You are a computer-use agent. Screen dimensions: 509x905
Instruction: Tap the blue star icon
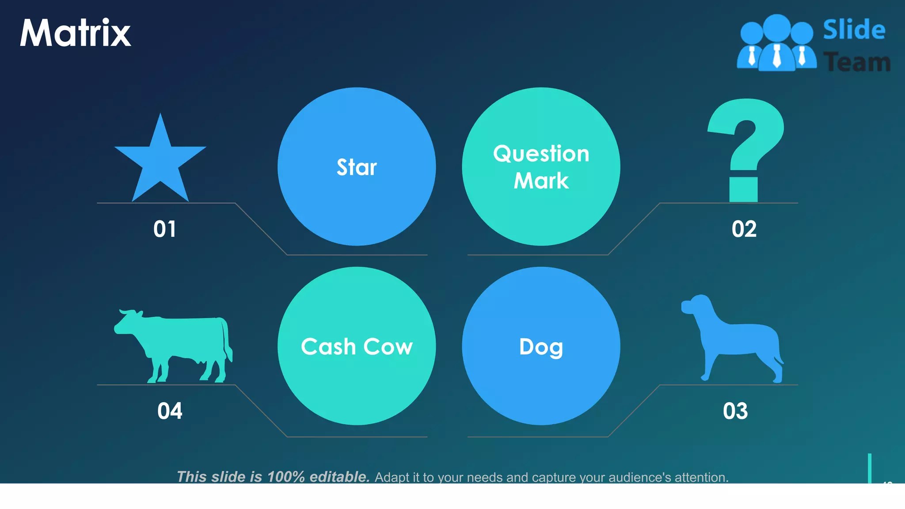160,163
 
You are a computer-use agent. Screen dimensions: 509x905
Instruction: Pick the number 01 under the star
165,229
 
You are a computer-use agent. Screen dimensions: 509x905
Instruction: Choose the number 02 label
744,229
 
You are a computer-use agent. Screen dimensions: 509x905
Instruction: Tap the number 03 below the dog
735,411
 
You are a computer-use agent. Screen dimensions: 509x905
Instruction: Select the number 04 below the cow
170,411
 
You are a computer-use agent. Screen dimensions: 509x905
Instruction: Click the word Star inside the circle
357,167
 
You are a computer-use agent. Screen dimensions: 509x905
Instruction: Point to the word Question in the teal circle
541,154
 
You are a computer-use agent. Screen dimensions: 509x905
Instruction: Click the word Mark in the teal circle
541,181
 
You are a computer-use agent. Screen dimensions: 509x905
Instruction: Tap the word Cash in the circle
328,347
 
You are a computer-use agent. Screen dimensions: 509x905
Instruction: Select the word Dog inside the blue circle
541,347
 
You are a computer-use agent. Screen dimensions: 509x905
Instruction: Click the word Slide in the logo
854,30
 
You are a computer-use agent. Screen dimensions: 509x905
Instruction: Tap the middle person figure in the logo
777,44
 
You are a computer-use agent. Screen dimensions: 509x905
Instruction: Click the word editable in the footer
339,477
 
